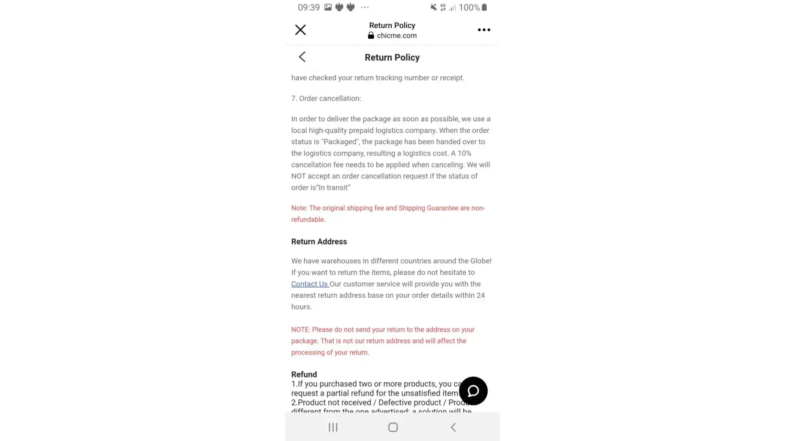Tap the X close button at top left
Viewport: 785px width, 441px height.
click(300, 30)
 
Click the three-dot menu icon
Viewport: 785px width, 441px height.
click(484, 30)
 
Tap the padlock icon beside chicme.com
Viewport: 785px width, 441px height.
click(371, 36)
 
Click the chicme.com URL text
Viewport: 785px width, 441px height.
click(396, 36)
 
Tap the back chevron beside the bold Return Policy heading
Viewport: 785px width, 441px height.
click(302, 57)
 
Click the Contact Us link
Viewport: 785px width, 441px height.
click(309, 284)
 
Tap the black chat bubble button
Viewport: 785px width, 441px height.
click(473, 391)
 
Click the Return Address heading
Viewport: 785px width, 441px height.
click(319, 242)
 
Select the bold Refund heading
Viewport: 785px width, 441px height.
click(304, 374)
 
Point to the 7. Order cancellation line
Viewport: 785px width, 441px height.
click(326, 98)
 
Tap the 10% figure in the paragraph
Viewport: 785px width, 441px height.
click(464, 153)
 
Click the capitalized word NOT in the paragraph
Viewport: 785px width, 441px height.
click(298, 176)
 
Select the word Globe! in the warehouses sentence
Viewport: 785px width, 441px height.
click(481, 261)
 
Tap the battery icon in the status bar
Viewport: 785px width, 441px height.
click(484, 7)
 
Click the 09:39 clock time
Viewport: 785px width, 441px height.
click(309, 7)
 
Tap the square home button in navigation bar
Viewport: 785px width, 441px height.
click(393, 427)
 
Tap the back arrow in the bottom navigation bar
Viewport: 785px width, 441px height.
click(453, 427)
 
